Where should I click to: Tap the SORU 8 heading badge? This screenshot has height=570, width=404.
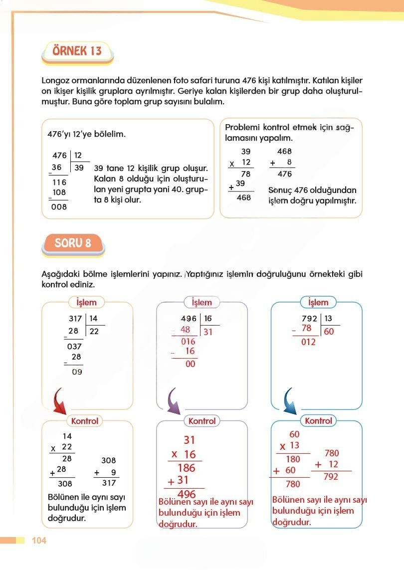click(x=74, y=243)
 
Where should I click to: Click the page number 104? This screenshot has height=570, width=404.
click(x=39, y=541)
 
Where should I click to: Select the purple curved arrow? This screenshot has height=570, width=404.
click(x=174, y=401)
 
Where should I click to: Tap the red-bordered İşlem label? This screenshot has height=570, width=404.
click(x=86, y=302)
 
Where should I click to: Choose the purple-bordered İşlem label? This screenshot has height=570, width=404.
click(x=202, y=302)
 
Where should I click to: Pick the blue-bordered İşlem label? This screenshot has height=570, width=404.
click(x=318, y=302)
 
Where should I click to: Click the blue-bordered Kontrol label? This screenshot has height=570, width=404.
click(x=318, y=421)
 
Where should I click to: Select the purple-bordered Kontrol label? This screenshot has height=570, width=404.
click(x=202, y=421)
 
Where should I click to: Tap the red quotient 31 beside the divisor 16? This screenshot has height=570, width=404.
click(x=208, y=331)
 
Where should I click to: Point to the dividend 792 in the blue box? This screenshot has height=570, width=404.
click(x=310, y=318)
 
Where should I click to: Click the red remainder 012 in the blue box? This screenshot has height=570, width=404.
click(x=308, y=343)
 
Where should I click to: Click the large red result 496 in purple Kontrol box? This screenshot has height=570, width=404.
click(x=186, y=494)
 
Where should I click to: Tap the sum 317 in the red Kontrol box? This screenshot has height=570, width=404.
click(x=108, y=483)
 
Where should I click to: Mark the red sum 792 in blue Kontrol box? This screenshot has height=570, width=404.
click(x=331, y=476)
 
